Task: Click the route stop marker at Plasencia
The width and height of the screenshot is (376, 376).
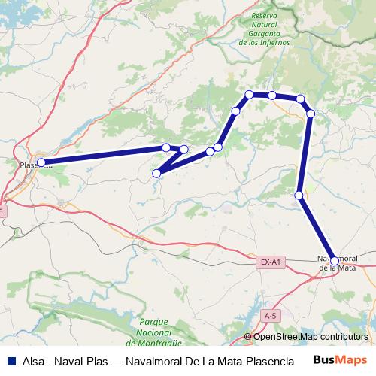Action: point(41,162)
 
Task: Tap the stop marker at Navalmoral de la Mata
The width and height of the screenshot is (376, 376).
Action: point(335,261)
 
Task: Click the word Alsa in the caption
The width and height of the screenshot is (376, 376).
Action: point(31,360)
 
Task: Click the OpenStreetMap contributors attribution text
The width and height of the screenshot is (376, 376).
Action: point(311,337)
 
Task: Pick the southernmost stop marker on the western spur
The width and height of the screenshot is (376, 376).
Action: point(156,174)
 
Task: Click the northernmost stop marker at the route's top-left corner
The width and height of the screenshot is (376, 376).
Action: point(249,94)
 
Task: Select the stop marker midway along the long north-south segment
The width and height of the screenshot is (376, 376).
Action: point(299,196)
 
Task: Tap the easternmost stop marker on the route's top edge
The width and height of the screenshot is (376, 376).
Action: point(300,99)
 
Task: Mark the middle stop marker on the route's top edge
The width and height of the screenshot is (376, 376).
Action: point(272,96)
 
